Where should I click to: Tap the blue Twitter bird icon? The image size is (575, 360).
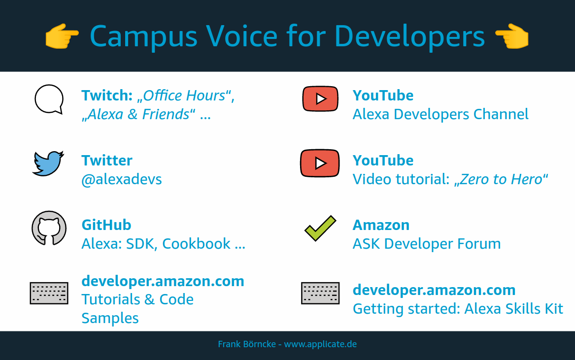coord(48,164)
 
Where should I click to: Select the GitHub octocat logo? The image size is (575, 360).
coord(49,228)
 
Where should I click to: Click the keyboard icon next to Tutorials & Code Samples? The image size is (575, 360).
coord(49,294)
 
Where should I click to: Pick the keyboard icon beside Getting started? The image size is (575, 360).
coord(320,294)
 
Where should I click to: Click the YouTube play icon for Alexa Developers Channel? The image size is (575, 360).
coord(320,98)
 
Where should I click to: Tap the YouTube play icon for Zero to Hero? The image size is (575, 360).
coord(320,163)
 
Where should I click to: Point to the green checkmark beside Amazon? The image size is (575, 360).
coord(320,228)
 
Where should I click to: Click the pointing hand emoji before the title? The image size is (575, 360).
coord(62,36)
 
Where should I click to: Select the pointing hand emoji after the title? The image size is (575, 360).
coord(512,36)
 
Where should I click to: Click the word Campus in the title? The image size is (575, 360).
coord(144,36)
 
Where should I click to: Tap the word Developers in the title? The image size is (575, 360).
coord(409,36)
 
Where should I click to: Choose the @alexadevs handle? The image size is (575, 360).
coord(121,179)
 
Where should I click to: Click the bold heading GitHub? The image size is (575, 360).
coord(106,225)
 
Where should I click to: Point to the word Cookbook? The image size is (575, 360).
coord(196,244)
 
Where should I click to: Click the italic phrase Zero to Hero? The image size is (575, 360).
coord(501,179)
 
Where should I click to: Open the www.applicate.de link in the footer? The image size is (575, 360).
coord(320,344)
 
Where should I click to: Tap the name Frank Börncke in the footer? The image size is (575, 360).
coord(247,344)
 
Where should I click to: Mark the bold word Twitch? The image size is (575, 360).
coord(107,96)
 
